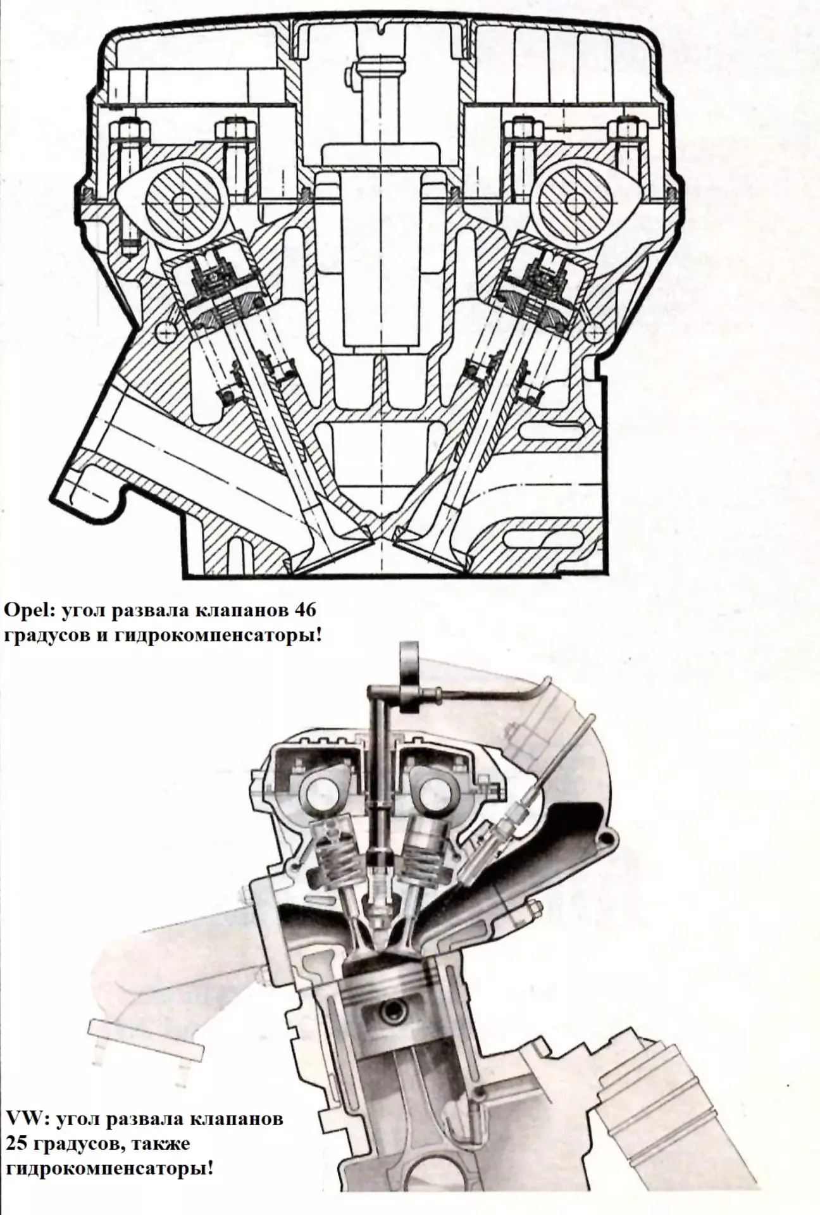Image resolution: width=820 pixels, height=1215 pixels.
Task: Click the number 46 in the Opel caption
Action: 305,612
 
